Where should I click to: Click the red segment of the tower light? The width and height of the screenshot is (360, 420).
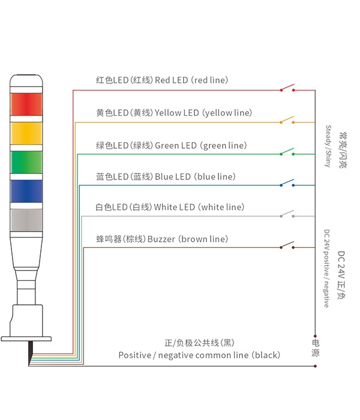(x=26, y=104)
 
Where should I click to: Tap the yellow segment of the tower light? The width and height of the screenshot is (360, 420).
(x=26, y=133)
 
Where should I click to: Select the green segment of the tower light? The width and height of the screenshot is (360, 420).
(x=26, y=162)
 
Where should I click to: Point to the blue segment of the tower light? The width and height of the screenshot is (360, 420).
(x=26, y=191)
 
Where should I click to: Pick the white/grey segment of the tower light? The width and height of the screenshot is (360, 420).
(x=26, y=220)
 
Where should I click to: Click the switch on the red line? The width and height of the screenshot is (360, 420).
(x=287, y=88)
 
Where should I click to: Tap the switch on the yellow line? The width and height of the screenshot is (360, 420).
(x=287, y=120)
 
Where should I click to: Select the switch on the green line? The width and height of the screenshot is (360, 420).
(x=287, y=152)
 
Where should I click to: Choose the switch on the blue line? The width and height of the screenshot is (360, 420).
(x=287, y=182)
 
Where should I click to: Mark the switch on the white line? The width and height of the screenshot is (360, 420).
(x=287, y=214)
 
